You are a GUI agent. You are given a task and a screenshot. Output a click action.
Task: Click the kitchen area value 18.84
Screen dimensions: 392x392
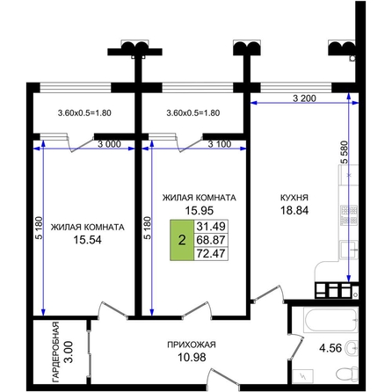tap(294, 210)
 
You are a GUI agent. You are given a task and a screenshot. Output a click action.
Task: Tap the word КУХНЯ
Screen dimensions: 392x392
tap(294, 198)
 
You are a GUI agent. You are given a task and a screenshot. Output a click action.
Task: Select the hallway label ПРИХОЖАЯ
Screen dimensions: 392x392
tap(192, 345)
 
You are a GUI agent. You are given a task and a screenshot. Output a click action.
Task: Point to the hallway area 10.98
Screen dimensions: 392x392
tap(192, 357)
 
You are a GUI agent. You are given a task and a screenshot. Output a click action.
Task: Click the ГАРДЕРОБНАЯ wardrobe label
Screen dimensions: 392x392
tap(55, 352)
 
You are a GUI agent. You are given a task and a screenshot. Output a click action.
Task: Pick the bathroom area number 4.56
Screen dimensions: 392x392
tap(330, 348)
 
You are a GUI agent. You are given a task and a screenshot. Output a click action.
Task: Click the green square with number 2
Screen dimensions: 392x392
tap(182, 240)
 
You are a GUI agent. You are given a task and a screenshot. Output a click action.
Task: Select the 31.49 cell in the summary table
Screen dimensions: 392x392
tap(211, 226)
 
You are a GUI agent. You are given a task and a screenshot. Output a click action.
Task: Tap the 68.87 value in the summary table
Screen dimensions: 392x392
tap(211, 240)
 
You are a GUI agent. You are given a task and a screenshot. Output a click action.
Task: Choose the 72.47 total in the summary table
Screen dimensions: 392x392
tap(211, 253)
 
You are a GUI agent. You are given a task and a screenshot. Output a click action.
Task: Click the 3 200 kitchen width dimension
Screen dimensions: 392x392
tap(304, 98)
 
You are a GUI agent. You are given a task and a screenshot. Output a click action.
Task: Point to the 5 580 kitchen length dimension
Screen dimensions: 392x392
tap(344, 152)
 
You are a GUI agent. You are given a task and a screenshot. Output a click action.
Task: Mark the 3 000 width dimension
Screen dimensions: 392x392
tap(109, 144)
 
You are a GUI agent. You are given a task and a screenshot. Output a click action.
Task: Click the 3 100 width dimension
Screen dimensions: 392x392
tap(220, 144)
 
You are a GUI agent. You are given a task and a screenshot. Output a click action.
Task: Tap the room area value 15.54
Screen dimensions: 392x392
tap(87, 240)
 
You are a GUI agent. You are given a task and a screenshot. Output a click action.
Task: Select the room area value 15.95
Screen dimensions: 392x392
tap(200, 210)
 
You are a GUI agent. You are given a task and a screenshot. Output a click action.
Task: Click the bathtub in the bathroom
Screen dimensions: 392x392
tap(330, 320)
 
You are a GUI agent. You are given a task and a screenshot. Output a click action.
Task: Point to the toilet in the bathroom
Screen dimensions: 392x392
tap(347, 374)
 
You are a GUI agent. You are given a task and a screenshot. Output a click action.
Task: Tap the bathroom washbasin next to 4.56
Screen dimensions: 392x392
tap(352, 348)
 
